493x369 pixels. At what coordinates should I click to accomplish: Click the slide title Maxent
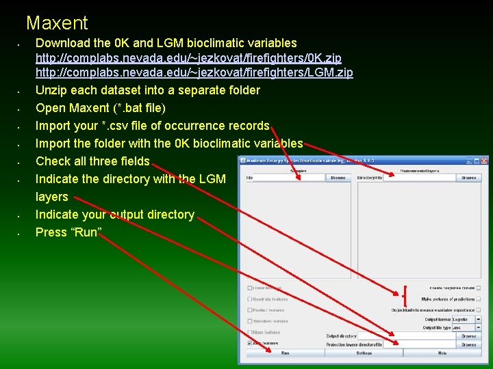[57, 23]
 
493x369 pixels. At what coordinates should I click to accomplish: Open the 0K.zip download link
[188, 58]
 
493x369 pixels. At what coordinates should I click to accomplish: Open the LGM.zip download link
[194, 73]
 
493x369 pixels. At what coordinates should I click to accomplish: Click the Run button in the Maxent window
[285, 353]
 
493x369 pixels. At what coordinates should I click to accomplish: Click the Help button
[442, 353]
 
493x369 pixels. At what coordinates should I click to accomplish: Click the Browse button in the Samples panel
[338, 178]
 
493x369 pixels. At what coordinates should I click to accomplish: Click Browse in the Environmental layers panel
[468, 178]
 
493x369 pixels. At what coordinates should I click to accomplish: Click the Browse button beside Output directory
[468, 336]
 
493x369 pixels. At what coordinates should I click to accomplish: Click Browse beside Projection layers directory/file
[468, 345]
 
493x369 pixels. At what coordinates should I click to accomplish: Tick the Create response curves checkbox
[479, 288]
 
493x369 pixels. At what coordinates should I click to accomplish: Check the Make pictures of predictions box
[479, 299]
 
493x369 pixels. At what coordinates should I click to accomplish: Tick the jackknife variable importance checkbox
[479, 310]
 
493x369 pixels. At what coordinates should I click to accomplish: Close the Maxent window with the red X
[485, 161]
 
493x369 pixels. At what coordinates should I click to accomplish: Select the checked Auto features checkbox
[250, 343]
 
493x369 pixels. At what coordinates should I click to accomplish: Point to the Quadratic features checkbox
[250, 299]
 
